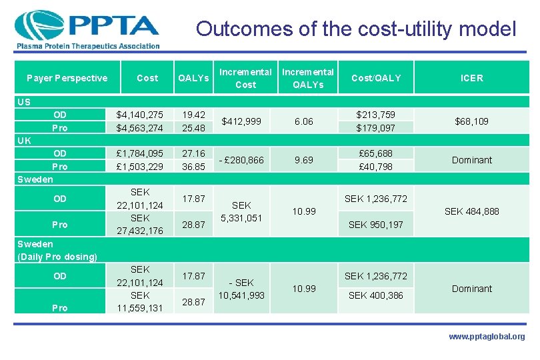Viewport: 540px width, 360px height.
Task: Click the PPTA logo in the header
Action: tap(87, 29)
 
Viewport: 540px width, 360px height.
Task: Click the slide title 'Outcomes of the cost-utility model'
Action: tap(356, 29)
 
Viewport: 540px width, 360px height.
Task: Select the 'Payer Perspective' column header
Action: tap(67, 78)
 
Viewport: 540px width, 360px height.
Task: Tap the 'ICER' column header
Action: tap(472, 78)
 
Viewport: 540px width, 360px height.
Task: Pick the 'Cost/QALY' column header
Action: tap(376, 78)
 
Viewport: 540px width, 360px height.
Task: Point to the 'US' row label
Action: tap(24, 102)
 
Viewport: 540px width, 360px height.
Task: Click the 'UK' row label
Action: tap(24, 141)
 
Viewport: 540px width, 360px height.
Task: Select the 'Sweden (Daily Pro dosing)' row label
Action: tap(57, 251)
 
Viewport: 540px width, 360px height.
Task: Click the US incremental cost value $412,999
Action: tap(246, 121)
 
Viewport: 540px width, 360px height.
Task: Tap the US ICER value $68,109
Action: tap(472, 121)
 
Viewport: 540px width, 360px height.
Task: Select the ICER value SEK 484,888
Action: tap(472, 211)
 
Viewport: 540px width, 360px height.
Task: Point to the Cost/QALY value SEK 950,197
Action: tap(376, 225)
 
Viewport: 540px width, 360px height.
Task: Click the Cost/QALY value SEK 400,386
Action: tap(376, 295)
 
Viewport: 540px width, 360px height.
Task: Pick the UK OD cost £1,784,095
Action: tap(140, 153)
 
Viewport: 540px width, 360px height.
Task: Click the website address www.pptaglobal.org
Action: tap(486, 337)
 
